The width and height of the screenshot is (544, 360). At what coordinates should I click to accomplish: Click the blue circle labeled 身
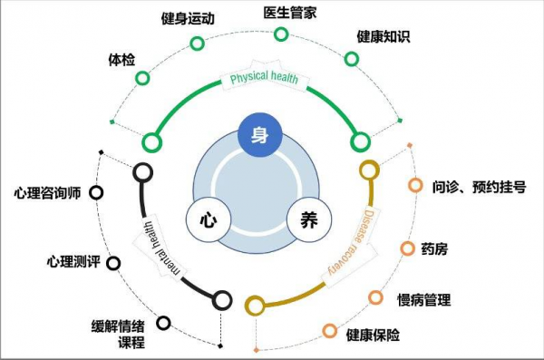pos(259,136)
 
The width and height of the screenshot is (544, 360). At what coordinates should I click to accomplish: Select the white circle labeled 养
pos(308,219)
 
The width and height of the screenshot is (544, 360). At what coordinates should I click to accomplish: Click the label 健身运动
pos(188,18)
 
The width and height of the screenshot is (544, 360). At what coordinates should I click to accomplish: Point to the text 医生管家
pos(290,12)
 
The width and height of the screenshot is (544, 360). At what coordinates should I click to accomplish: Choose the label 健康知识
pos(384,36)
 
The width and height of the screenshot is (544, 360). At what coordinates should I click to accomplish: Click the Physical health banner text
pos(264,79)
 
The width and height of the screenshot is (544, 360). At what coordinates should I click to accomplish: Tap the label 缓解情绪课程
pos(118,335)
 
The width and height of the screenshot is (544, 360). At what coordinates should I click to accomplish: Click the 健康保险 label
pos(373,335)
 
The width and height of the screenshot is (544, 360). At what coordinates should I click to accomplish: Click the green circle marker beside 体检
pos(142,78)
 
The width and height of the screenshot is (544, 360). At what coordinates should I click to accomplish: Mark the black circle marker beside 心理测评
pos(113,263)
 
